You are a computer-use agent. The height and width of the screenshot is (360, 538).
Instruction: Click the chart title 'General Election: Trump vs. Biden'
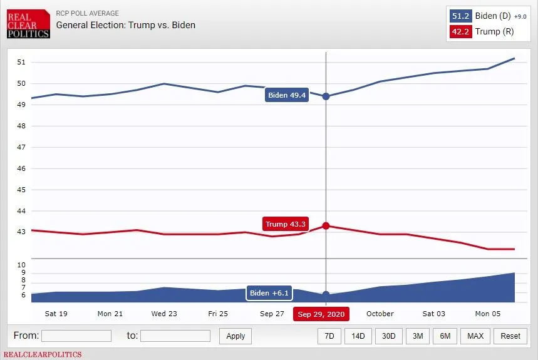pos(125,25)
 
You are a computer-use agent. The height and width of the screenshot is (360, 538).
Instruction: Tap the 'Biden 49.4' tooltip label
pos(287,95)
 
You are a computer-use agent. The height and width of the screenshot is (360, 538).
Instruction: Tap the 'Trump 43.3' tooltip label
pos(285,224)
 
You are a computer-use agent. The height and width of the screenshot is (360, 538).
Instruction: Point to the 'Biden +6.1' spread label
pos(269,293)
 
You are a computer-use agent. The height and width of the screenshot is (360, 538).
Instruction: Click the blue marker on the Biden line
pos(326,96)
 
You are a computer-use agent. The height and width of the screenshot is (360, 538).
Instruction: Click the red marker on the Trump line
pos(326,226)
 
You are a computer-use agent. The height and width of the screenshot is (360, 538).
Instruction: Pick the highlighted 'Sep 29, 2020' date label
pos(321,314)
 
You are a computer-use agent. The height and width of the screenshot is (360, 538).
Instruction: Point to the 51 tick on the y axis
pos(21,62)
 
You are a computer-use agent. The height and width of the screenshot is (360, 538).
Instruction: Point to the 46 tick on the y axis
pos(21,168)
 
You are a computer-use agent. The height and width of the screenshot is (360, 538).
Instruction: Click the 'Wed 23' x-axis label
pos(164,314)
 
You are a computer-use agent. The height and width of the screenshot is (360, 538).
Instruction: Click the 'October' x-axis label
pos(380,314)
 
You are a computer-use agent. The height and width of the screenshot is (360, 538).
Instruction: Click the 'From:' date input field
pos(76,336)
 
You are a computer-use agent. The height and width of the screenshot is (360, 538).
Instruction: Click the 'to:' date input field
pos(175,336)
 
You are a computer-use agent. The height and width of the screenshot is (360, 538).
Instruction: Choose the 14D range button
pos(358,336)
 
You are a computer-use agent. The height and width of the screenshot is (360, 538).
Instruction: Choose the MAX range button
pos(475,336)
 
